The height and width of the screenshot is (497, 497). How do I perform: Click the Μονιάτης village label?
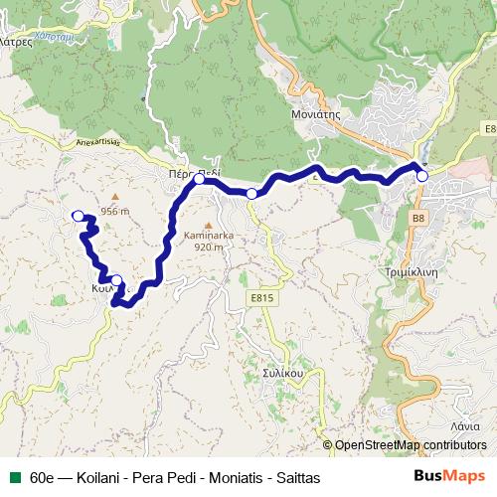point(315,114)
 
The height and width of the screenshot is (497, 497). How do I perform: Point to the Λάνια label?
point(465,424)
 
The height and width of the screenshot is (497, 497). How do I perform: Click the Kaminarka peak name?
point(207,236)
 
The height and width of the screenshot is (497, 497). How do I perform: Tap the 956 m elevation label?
point(115,211)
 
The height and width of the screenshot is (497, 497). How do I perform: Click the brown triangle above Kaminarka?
point(207,224)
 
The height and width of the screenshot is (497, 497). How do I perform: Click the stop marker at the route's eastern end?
point(422,176)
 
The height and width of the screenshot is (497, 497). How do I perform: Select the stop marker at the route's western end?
point(79,215)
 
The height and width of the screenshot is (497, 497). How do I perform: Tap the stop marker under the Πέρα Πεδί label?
point(199,180)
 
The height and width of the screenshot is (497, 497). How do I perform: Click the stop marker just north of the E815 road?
point(251,193)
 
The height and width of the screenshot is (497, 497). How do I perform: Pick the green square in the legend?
point(17,477)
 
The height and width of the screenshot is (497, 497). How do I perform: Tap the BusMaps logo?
point(449,476)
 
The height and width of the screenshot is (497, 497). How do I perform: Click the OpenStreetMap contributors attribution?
point(411,445)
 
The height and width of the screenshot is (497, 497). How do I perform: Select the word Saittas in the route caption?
point(297,477)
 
